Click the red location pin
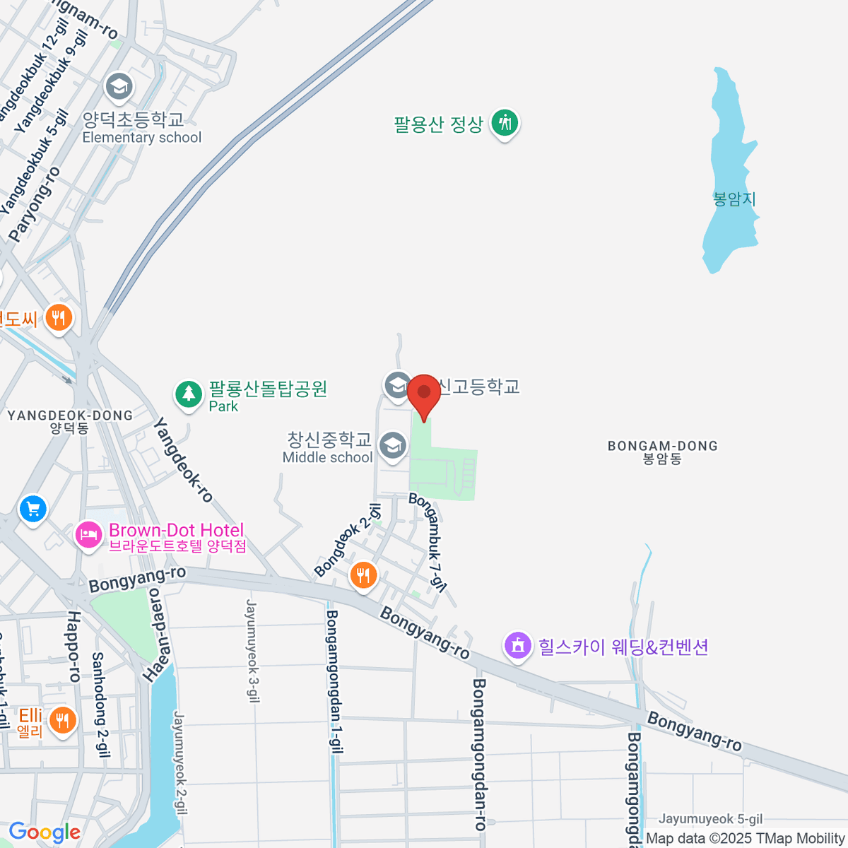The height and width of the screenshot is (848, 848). click(424, 393)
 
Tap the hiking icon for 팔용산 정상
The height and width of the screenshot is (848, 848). click(505, 123)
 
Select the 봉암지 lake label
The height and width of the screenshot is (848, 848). click(734, 199)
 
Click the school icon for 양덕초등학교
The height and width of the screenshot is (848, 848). click(119, 88)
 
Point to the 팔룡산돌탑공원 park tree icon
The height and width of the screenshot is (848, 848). click(188, 394)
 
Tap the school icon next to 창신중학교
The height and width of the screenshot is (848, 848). click(392, 445)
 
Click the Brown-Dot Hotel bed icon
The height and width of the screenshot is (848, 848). click(88, 534)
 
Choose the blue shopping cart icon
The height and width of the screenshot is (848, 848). click(33, 508)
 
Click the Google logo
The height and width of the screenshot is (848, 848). click(45, 832)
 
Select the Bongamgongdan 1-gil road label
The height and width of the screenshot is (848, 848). click(334, 681)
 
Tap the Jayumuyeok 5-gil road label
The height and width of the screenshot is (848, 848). click(710, 819)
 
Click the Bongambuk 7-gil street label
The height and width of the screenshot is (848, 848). click(428, 542)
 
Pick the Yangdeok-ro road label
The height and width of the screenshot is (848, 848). click(183, 460)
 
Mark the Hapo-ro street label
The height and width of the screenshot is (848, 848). click(73, 647)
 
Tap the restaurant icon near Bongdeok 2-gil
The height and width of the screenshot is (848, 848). click(363, 575)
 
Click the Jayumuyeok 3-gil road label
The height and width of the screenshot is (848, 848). click(253, 650)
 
